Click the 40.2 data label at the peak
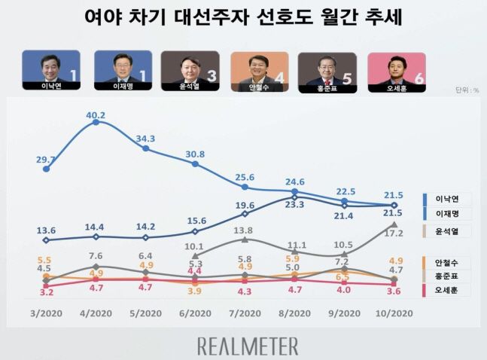pyautogui.click(x=96, y=115)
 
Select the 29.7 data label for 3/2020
pyautogui.click(x=47, y=160)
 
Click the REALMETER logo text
pyautogui.click(x=248, y=345)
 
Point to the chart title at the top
pyautogui.click(x=243, y=18)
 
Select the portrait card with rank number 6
pyautogui.click(x=396, y=71)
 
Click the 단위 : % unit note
pyautogui.click(x=467, y=91)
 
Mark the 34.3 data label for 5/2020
pyautogui.click(x=146, y=139)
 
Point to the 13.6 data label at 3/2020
pyautogui.click(x=47, y=230)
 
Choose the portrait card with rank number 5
pyautogui.click(x=327, y=71)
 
